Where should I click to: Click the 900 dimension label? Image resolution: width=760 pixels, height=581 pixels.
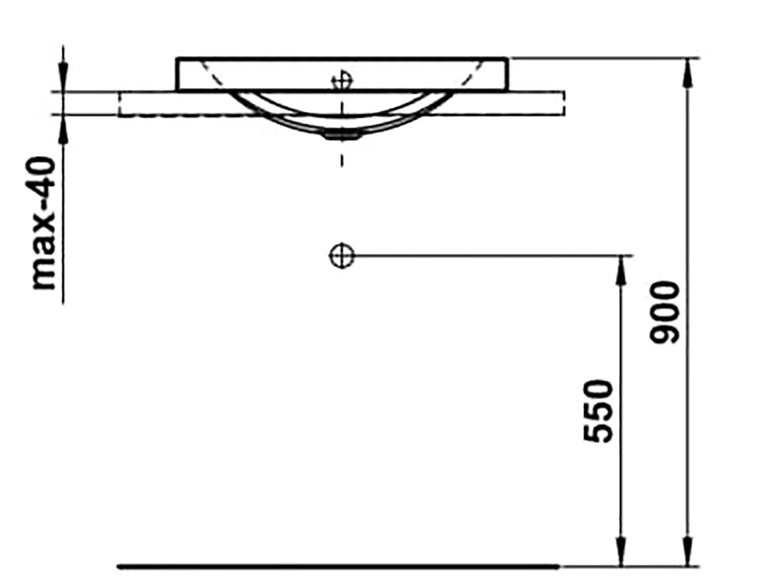coord(665,313)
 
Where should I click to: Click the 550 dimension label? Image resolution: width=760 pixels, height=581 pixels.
coord(598,411)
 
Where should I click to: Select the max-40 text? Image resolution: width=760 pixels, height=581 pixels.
coord(43,224)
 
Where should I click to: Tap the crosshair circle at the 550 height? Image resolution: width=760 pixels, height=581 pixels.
coord(342,255)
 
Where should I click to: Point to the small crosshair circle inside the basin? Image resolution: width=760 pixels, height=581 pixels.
coord(342,81)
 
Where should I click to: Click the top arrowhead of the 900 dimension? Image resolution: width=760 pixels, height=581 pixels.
coord(688,73)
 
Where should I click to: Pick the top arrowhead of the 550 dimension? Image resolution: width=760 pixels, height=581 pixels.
coord(621,270)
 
